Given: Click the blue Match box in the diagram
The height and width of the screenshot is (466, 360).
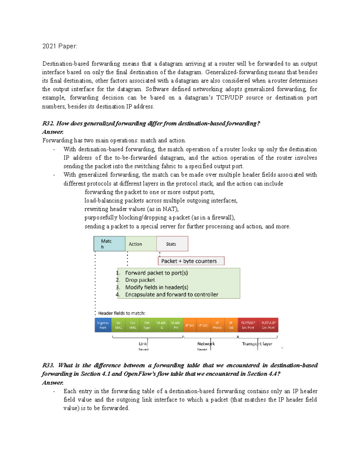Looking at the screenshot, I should tap(109, 244).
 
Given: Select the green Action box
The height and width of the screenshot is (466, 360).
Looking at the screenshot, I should tap(140, 244).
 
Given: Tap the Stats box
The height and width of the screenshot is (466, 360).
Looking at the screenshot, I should tap(172, 244).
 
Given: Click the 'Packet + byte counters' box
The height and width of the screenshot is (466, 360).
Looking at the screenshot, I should tap(191, 261).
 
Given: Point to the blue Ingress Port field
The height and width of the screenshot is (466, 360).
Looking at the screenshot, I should tap(103, 325).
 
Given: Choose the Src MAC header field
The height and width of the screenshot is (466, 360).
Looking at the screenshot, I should tap(118, 325).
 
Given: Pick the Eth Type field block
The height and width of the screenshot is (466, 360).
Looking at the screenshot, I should tap(147, 325).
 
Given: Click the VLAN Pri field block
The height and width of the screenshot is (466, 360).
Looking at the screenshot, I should tap(175, 325).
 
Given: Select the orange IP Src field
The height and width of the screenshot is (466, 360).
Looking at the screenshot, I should tap(190, 325).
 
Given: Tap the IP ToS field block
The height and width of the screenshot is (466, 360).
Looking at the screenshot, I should tap(231, 325).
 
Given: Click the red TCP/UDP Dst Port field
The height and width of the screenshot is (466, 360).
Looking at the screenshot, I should tap(268, 325).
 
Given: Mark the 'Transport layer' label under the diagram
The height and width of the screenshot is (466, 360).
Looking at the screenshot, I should tap(257, 344).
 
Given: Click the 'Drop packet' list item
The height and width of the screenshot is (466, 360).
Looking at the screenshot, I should tap(140, 280).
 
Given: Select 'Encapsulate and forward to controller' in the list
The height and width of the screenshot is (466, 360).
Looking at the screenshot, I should tap(172, 295).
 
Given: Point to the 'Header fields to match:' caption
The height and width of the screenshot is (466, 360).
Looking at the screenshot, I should tap(121, 313).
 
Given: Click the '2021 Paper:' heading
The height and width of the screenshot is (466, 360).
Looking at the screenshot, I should tap(60, 46).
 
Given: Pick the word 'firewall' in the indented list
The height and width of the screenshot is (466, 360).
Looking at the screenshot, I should tap(222, 218).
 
